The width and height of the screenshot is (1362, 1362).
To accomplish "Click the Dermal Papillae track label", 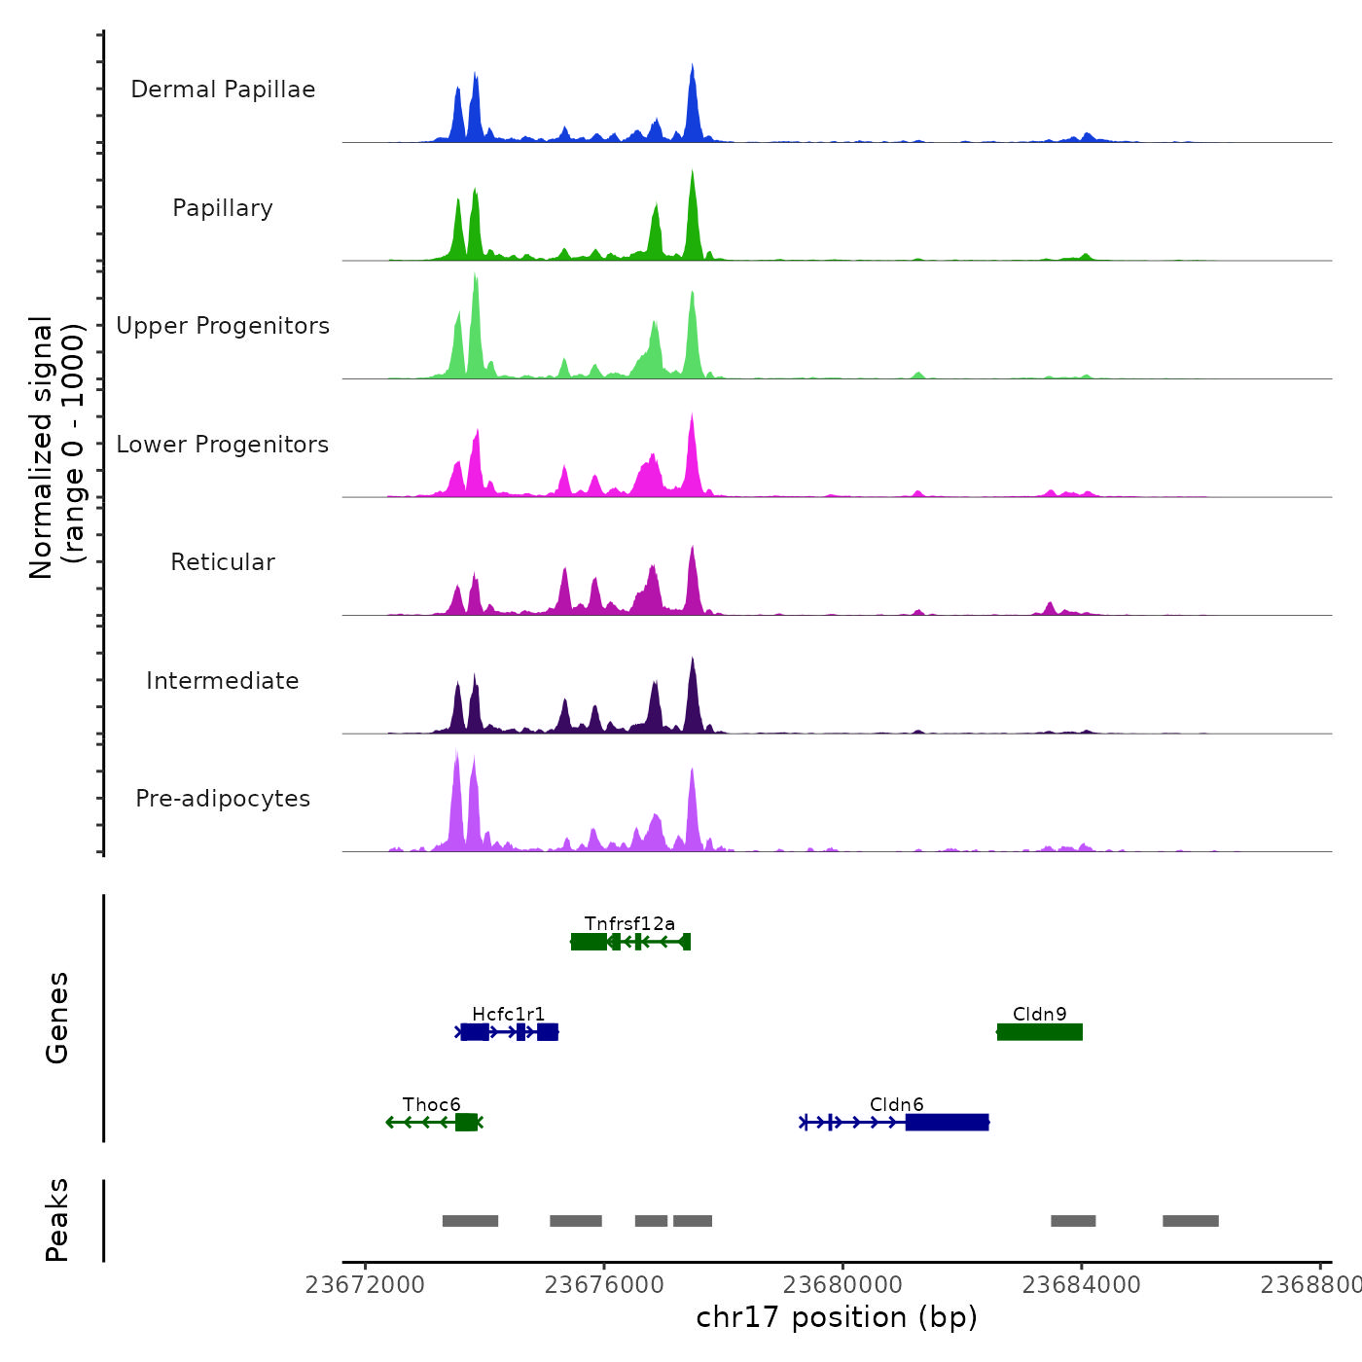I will (x=223, y=90).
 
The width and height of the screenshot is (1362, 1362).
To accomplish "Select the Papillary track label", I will (x=223, y=208).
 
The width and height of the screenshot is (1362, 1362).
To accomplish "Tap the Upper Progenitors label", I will (x=223, y=326).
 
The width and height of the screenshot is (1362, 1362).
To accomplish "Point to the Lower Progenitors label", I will (x=223, y=445).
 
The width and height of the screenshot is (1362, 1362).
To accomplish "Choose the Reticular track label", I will (x=223, y=562).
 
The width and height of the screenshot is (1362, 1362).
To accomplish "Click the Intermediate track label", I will (x=223, y=681).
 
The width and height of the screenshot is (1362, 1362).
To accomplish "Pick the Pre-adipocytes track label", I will (x=223, y=799).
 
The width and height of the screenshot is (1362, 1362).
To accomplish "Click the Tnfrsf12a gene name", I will (x=629, y=923).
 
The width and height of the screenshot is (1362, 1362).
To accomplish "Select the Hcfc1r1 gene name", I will (x=509, y=1015).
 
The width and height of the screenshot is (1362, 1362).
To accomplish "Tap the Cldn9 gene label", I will (x=1039, y=1014).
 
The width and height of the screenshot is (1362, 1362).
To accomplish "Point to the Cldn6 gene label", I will (x=896, y=1104).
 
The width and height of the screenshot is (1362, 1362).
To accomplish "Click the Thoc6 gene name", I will (x=432, y=1104).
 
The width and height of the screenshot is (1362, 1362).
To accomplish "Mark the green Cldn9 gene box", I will (x=1039, y=1032).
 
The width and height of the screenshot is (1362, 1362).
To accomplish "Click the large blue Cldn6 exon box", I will (x=947, y=1123).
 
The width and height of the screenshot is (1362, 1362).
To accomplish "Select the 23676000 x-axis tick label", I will (x=604, y=1285).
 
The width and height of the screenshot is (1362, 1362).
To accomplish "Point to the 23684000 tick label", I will (x=1081, y=1285).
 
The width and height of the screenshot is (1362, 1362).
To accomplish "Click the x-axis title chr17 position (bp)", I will (x=837, y=1317).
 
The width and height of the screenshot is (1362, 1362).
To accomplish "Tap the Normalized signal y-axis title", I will (x=56, y=447).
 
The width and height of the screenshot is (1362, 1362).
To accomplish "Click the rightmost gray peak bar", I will (x=1190, y=1221).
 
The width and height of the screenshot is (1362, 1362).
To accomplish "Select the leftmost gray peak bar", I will (x=470, y=1221).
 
